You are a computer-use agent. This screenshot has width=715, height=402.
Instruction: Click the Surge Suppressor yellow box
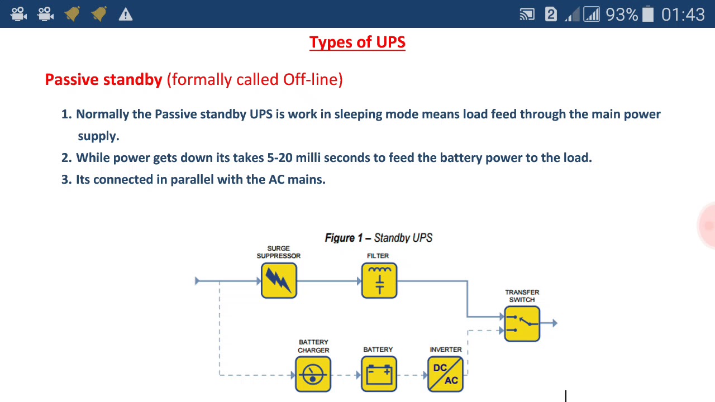(279, 280)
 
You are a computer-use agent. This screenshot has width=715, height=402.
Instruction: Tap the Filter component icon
(379, 280)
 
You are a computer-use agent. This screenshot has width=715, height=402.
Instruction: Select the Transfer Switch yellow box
(522, 323)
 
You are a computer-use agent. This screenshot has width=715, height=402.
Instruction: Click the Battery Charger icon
(313, 374)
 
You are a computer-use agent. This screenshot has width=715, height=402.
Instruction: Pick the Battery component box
(379, 374)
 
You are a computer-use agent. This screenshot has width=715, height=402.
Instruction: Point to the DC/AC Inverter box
(445, 374)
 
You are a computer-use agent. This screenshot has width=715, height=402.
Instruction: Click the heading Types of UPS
(357, 42)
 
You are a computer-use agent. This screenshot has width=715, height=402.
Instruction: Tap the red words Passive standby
(103, 79)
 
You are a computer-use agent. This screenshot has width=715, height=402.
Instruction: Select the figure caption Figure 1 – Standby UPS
(379, 238)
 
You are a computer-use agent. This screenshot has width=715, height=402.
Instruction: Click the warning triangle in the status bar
(126, 15)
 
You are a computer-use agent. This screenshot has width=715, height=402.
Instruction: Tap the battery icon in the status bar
(648, 14)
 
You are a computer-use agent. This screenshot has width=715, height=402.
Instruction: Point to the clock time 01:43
(683, 15)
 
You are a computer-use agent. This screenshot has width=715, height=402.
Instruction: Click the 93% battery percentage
(622, 15)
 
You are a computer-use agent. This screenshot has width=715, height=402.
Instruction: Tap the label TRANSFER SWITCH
(522, 296)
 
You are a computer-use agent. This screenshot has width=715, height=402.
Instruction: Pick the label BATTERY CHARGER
(313, 346)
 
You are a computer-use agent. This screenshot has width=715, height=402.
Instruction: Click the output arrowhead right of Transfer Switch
(554, 323)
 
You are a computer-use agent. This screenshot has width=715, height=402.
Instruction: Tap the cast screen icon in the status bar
(527, 15)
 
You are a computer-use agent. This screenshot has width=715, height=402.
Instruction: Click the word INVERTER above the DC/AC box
(446, 350)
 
